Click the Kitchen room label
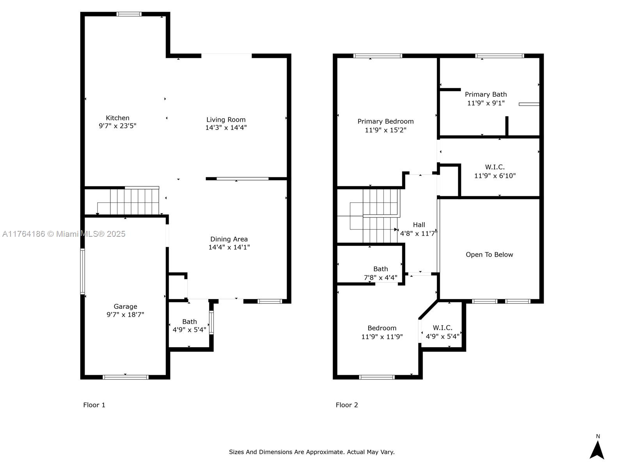(117, 118)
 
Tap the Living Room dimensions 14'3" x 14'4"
(226, 128)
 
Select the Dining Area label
(229, 239)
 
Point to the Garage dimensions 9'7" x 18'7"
(125, 315)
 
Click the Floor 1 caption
(94, 405)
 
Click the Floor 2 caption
(347, 405)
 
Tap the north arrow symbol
(597, 450)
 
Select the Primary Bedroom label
(385, 121)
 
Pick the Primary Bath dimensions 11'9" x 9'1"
(486, 103)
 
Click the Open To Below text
(489, 255)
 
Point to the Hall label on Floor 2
(419, 225)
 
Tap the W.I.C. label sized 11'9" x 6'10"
(495, 167)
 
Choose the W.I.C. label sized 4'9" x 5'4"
(442, 328)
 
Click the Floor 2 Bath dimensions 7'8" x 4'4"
(381, 277)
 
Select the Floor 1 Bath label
(189, 322)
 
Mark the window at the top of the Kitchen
(129, 14)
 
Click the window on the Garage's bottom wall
(125, 377)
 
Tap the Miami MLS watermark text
(64, 234)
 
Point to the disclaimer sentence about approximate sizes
(312, 452)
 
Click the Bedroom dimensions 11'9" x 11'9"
(382, 337)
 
